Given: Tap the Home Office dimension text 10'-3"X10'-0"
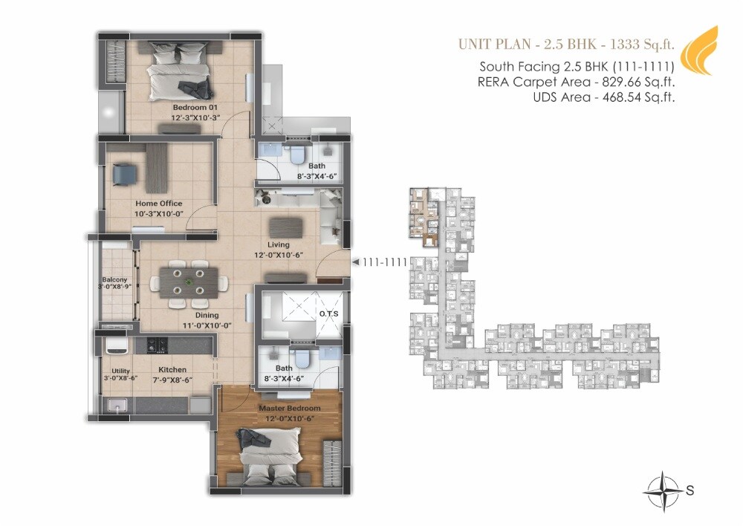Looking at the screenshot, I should (x=158, y=213).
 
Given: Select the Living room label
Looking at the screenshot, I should (x=279, y=244).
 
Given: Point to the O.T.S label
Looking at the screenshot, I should (x=328, y=314).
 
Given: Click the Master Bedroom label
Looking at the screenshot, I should (x=290, y=408).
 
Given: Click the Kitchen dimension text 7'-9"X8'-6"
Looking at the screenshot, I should (x=172, y=379).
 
